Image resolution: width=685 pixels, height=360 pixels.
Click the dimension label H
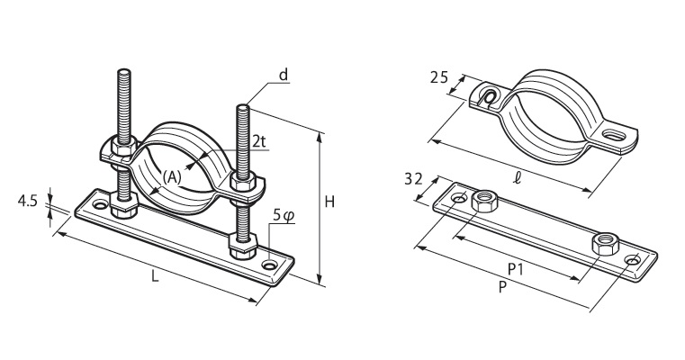click(x=329, y=202)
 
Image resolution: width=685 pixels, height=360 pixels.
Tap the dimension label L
click(x=154, y=276)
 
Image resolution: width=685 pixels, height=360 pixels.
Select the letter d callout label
click(x=284, y=75)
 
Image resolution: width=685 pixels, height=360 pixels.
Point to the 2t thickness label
click(x=259, y=141)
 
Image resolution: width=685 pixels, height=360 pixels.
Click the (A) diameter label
click(x=172, y=177)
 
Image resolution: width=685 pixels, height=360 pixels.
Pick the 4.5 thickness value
click(x=27, y=202)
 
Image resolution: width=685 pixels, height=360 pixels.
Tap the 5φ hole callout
click(x=284, y=215)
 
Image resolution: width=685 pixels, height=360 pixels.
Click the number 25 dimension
click(x=439, y=77)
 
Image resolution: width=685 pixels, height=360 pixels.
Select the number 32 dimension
click(x=413, y=179)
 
